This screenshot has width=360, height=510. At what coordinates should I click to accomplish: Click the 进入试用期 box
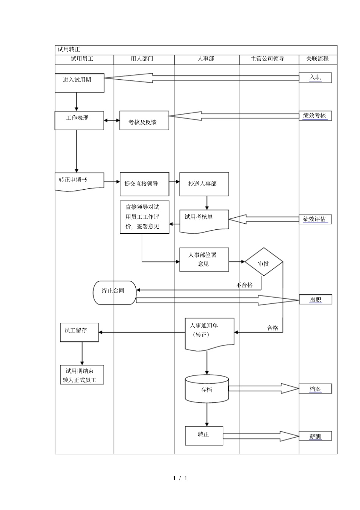pos(80,83)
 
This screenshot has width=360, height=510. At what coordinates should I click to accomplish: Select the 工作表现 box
pos(79,120)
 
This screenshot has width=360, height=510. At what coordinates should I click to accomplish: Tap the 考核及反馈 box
pos(144,120)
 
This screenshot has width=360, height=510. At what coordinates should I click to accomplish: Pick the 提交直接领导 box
pos(144,184)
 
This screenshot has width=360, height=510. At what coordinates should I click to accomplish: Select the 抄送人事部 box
pos(204,184)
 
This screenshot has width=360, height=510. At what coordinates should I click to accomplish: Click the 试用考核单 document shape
pos(204,220)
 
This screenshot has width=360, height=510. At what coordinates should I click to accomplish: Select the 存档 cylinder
pos(207,389)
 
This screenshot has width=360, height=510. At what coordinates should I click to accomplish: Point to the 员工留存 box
pos(79,332)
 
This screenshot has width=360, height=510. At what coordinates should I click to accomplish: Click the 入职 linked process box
pos(315,77)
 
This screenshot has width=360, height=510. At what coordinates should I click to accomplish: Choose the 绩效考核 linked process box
pos(315,116)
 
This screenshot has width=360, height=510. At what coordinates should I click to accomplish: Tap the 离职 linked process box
pos(315,300)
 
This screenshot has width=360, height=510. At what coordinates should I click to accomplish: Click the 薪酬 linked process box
pos(315,436)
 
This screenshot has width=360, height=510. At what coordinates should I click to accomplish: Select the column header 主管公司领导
pos(268,59)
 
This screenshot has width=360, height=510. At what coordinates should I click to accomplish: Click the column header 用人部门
pos(142,59)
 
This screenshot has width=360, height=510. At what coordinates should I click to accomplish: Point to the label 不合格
pos(244,285)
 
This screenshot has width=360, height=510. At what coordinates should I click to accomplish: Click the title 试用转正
pos(69,49)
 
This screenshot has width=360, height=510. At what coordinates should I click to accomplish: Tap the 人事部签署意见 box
pos(204,259)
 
